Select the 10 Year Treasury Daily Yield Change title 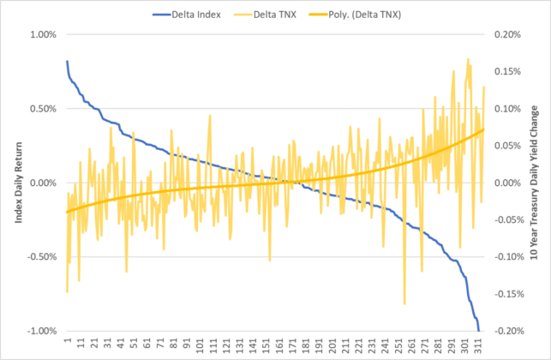(x=536, y=183)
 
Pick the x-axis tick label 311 (x=476, y=345)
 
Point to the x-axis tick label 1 (x=67, y=341)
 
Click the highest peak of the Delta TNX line (x=468, y=59)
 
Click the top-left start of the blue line (x=67, y=62)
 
